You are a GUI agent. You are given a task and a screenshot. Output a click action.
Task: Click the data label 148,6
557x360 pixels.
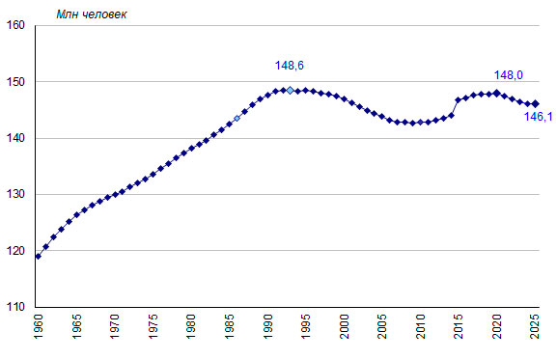click(290, 66)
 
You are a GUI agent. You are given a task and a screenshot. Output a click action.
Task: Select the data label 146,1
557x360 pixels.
click(538, 117)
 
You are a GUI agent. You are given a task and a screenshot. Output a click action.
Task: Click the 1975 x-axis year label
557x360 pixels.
click(153, 329)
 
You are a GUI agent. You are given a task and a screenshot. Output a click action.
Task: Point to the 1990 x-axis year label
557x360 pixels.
click(268, 329)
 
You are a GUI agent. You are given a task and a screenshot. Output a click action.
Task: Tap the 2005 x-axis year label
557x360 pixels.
click(383, 329)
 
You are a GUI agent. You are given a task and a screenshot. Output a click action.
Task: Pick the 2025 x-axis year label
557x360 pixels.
click(537, 329)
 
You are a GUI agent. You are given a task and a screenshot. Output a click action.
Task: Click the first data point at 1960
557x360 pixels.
click(38, 256)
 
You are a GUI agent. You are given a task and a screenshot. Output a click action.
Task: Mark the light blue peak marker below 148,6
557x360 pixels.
click(291, 91)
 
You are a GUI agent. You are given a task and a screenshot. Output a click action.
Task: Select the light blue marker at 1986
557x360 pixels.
click(237, 119)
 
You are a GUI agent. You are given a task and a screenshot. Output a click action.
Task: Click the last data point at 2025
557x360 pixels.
click(536, 104)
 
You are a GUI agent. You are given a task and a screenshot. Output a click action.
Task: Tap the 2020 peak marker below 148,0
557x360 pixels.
click(497, 94)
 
